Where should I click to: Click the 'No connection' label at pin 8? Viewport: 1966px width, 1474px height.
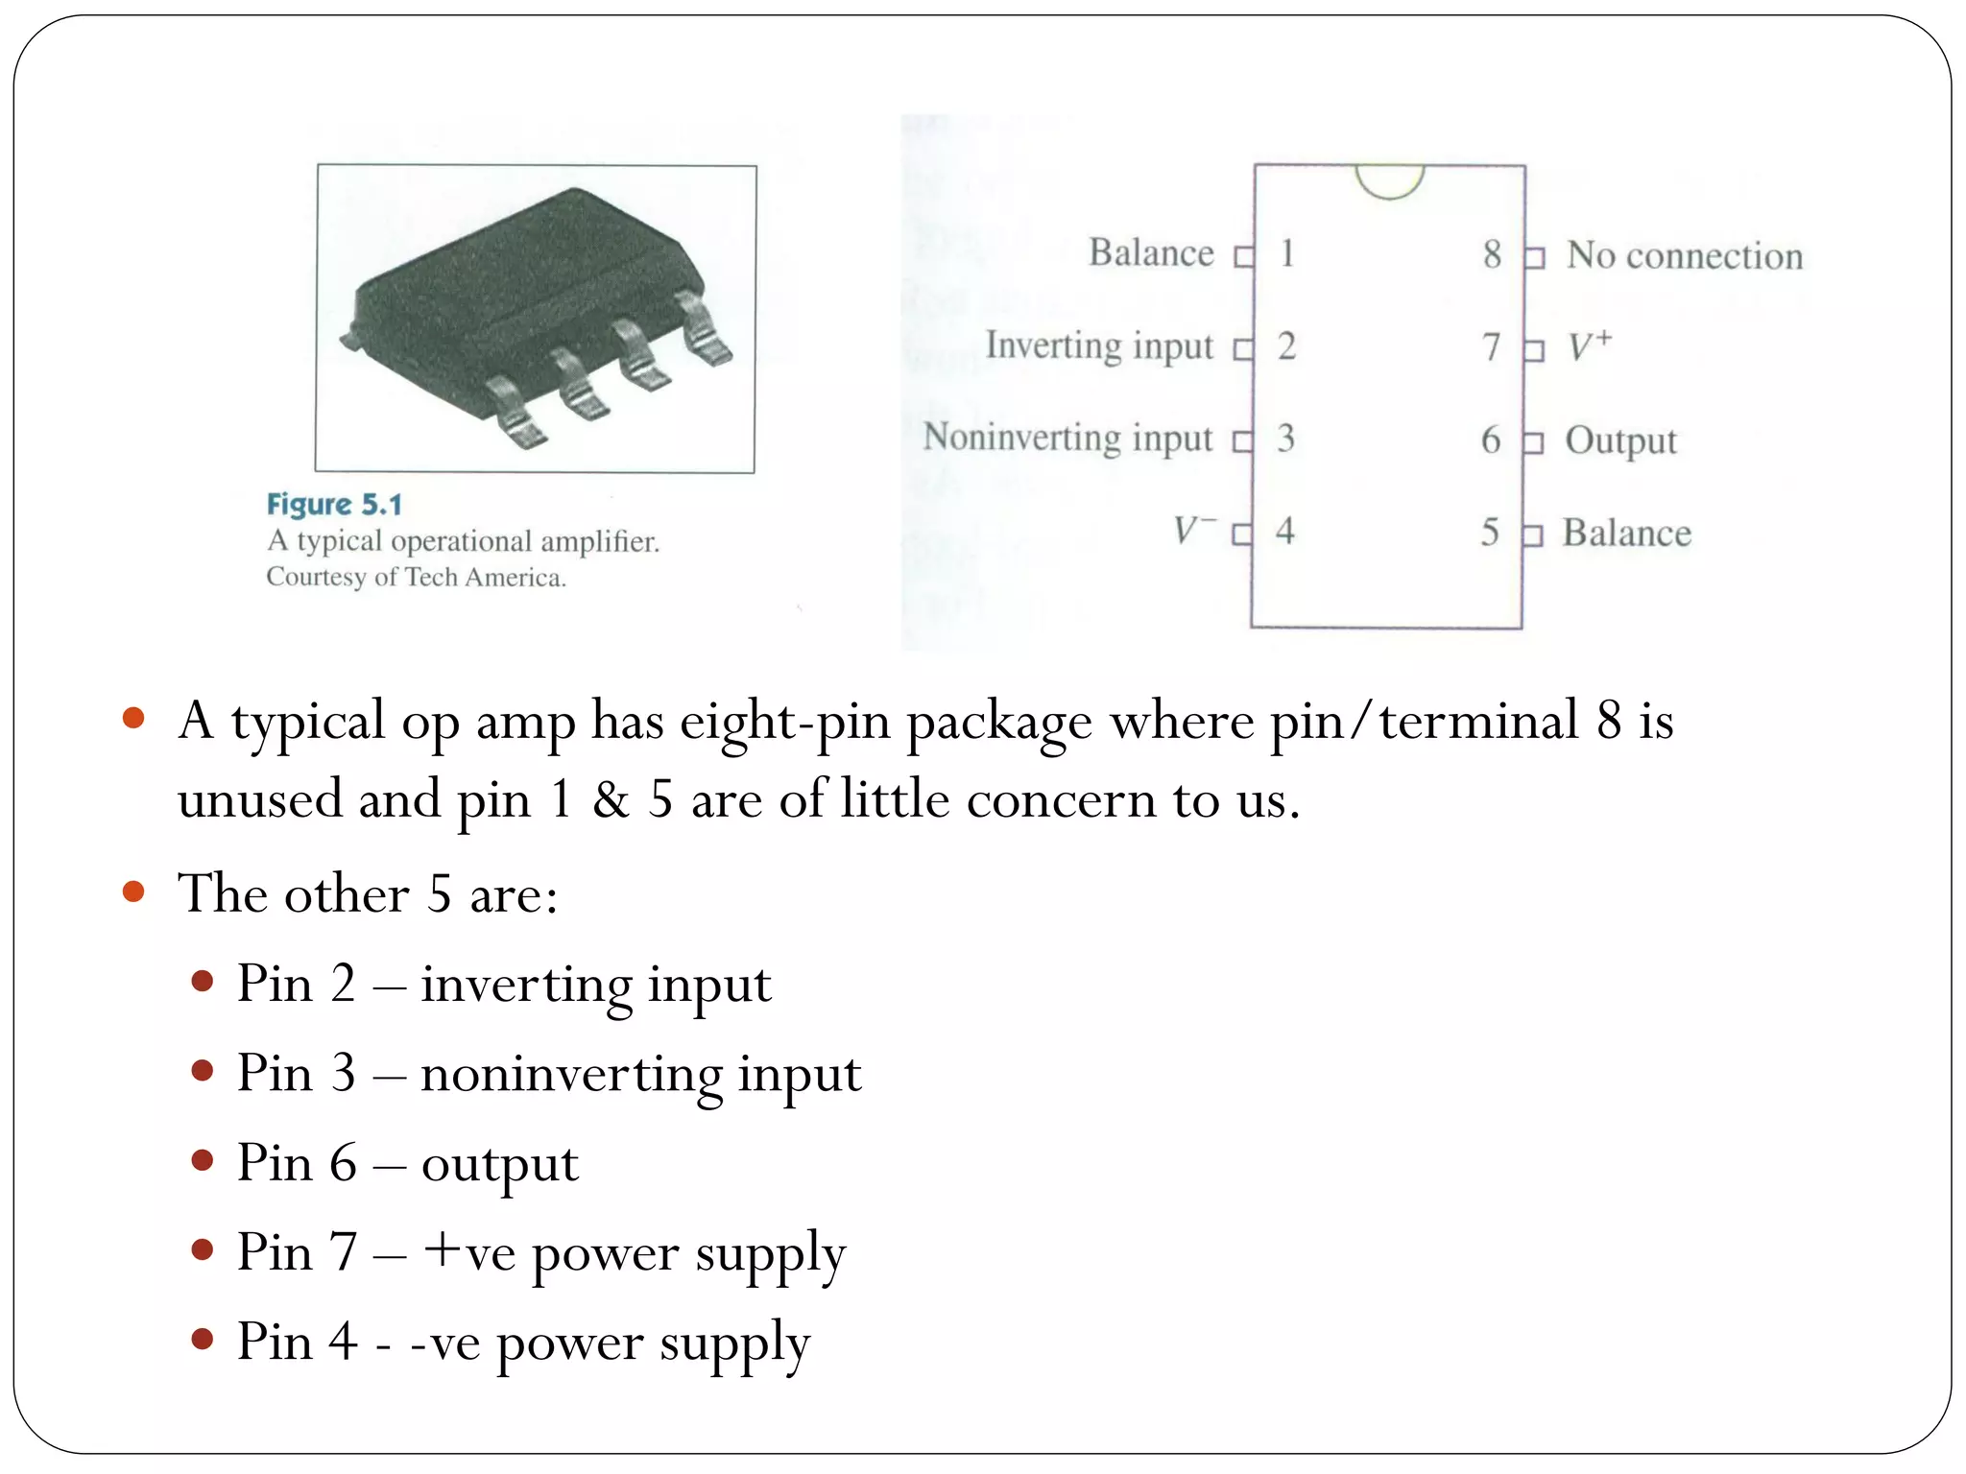(1685, 255)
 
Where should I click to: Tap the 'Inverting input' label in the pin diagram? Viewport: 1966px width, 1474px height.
(1099, 345)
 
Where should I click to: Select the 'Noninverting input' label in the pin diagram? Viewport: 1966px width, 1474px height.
(1067, 438)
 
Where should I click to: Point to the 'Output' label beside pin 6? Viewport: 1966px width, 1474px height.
(1620, 440)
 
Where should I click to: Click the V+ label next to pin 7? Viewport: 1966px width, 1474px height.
(1590, 345)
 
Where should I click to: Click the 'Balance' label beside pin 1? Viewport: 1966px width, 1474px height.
(1151, 253)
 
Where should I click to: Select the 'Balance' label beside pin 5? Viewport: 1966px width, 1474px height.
(1626, 533)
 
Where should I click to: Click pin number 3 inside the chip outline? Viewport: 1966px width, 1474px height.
(1285, 439)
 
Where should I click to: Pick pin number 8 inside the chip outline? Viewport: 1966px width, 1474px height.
(1491, 254)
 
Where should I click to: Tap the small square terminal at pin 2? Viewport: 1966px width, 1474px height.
(1243, 348)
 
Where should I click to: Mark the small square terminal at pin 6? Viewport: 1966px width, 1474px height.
(1533, 442)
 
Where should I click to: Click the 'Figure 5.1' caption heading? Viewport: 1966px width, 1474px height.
(334, 505)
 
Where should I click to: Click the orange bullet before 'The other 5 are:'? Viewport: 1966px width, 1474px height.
(133, 892)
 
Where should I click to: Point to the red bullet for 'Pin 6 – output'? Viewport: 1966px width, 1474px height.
(202, 1161)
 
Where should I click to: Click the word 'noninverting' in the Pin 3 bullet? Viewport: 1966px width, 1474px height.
(571, 1074)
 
